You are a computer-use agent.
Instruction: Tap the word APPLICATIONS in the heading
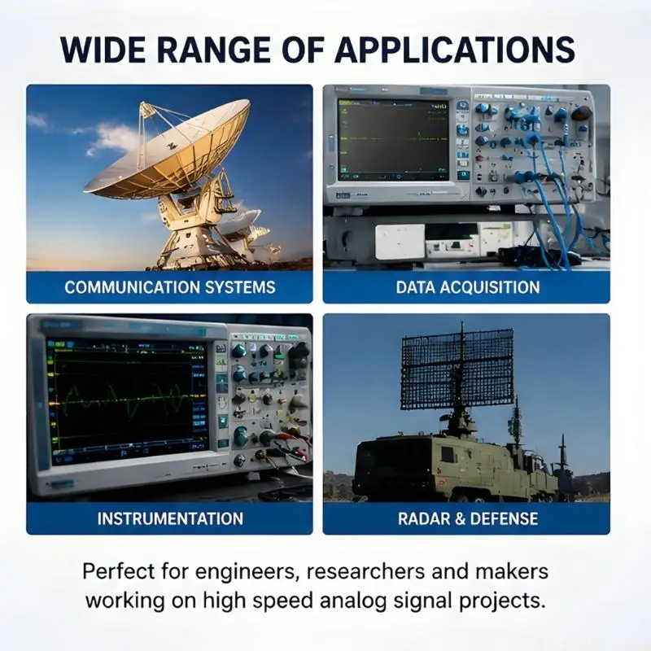[455, 50]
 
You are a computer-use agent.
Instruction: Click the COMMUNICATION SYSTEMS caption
[170, 287]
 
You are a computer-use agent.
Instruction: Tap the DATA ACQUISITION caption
[467, 287]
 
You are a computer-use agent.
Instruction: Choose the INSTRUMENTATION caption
[170, 518]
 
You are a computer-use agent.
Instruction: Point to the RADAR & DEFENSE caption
[468, 518]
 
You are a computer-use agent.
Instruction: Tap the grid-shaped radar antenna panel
[457, 369]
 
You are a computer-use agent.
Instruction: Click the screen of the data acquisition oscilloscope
[394, 139]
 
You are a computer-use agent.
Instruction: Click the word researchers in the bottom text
[365, 572]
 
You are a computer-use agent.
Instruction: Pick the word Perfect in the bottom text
[119, 572]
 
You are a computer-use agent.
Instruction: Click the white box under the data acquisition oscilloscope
[400, 242]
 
